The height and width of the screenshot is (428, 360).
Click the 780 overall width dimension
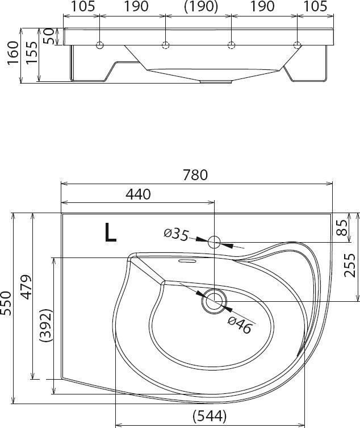click(x=195, y=175)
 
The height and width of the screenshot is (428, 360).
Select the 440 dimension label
click(x=138, y=194)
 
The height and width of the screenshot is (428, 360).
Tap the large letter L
click(x=111, y=232)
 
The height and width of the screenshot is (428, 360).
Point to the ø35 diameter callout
click(x=176, y=235)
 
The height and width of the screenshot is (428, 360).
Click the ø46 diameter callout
click(x=240, y=325)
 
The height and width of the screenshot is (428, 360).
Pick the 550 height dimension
click(x=6, y=304)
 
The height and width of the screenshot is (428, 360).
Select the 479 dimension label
click(x=26, y=287)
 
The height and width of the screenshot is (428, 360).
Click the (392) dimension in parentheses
click(x=45, y=325)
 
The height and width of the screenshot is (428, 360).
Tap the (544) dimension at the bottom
click(x=210, y=416)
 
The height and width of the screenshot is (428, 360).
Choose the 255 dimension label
click(x=349, y=265)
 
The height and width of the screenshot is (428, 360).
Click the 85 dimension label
click(x=342, y=227)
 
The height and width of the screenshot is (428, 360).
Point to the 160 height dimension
click(x=13, y=53)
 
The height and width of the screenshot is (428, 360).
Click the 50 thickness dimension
click(x=48, y=36)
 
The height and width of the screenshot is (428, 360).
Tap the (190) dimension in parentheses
click(x=201, y=7)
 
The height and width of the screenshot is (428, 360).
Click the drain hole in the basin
click(x=214, y=301)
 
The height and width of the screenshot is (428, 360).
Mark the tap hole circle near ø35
click(x=214, y=242)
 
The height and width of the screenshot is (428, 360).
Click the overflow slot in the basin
click(x=187, y=261)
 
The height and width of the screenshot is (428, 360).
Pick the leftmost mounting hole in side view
click(x=100, y=45)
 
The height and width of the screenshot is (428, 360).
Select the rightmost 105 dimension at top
click(x=315, y=6)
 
